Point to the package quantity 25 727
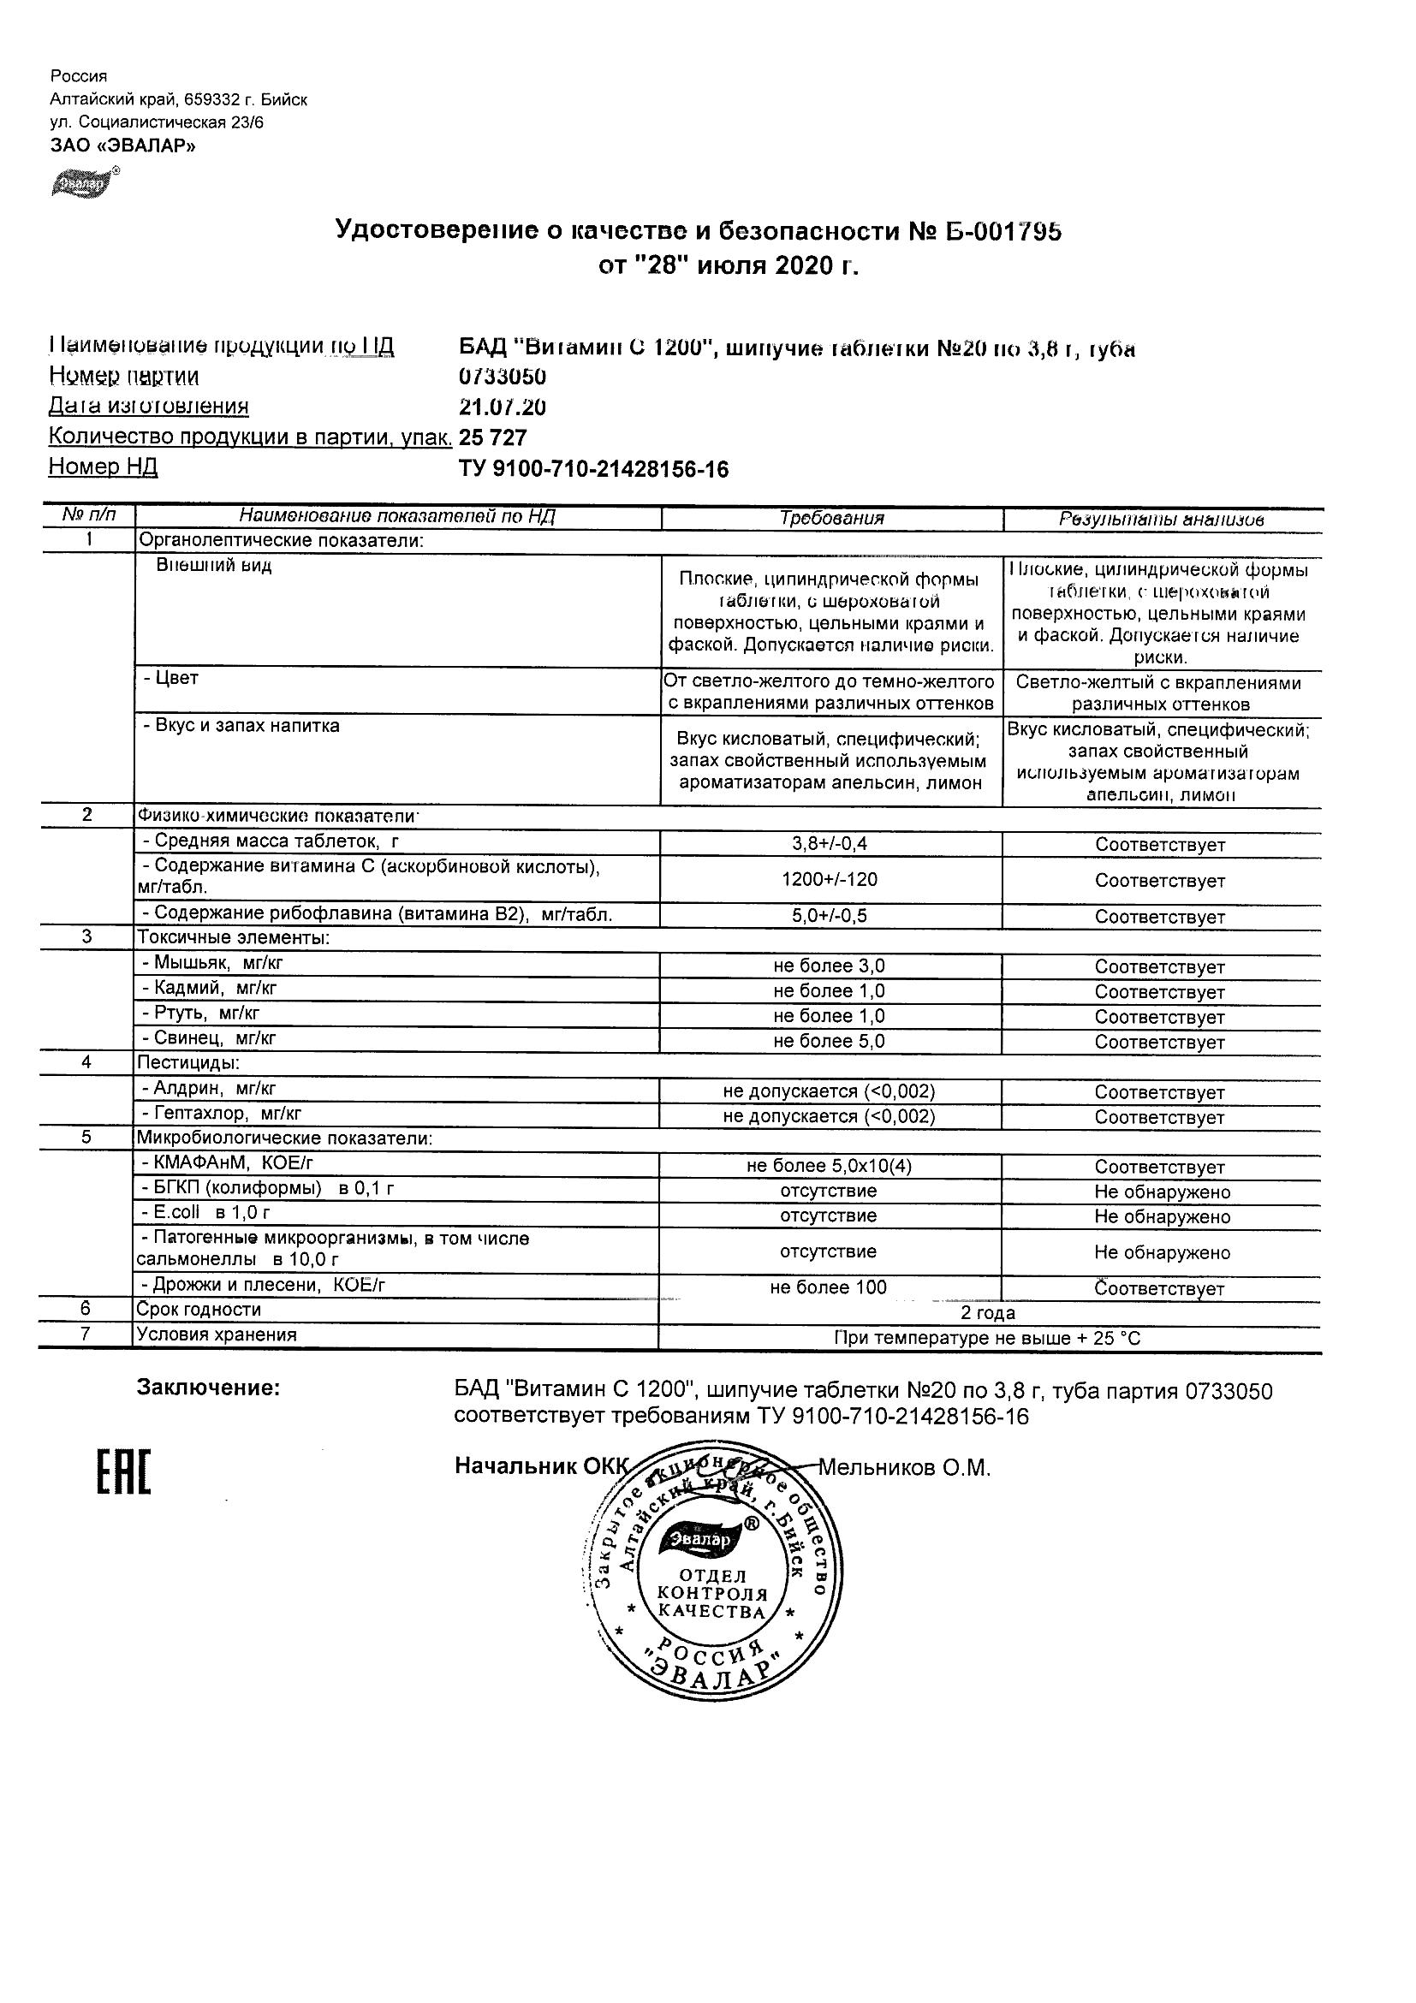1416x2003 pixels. click(x=493, y=438)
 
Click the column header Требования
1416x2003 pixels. click(x=830, y=518)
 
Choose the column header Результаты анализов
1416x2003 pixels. click(x=1161, y=519)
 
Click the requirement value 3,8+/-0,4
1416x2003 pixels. click(x=830, y=844)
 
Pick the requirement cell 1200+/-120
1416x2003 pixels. click(x=830, y=879)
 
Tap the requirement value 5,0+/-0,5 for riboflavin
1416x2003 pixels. click(x=830, y=915)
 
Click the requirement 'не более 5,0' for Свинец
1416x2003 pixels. click(x=829, y=1041)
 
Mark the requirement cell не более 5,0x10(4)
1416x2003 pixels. click(x=829, y=1167)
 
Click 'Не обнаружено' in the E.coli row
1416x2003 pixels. click(x=1161, y=1217)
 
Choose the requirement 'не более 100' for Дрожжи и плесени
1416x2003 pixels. click(x=828, y=1287)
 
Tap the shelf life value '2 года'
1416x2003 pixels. click(x=988, y=1313)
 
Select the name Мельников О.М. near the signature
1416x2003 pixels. click(x=904, y=1468)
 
